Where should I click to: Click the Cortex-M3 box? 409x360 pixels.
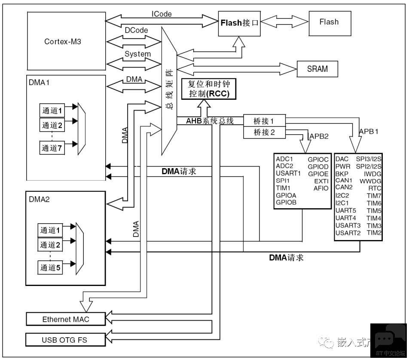click(67, 41)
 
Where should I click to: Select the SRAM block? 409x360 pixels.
click(317, 69)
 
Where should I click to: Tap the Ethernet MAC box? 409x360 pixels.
click(66, 319)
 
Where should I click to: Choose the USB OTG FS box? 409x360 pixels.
click(65, 340)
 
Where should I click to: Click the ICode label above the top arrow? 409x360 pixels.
click(162, 14)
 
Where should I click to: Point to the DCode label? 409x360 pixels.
click(136, 30)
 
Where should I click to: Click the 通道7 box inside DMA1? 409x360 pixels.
click(52, 148)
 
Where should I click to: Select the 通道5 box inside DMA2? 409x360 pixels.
click(50, 268)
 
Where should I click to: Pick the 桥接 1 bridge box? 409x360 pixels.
click(264, 121)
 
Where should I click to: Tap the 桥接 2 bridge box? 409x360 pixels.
click(264, 132)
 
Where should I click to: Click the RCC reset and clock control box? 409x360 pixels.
click(209, 89)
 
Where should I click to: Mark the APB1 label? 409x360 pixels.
click(369, 131)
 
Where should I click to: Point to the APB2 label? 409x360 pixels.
click(319, 136)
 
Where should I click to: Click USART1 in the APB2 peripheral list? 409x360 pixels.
click(288, 173)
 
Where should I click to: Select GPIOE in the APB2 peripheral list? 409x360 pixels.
click(318, 174)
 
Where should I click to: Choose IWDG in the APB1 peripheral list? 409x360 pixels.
click(372, 174)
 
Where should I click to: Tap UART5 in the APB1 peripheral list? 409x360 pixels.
click(345, 210)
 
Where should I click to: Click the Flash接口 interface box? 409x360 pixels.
click(239, 24)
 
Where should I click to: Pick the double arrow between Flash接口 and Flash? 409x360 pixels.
click(284, 22)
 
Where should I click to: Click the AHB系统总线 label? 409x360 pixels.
click(210, 121)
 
